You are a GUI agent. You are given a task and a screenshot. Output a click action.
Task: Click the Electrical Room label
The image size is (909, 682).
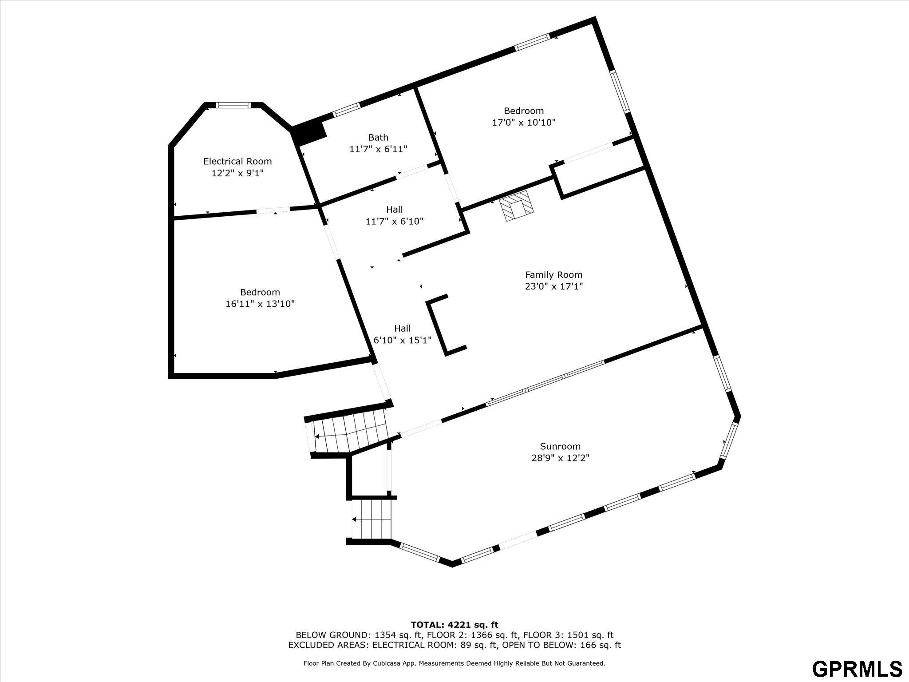237,162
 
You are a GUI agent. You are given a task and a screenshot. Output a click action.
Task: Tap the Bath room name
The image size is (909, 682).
378,138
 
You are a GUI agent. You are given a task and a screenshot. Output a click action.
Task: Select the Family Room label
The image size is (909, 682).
553,275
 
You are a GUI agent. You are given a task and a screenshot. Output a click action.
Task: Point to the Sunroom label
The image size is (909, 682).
560,446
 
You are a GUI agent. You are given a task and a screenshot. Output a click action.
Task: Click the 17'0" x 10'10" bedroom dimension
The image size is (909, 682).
524,123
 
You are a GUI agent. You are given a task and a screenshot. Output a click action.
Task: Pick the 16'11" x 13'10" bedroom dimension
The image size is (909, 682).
260,304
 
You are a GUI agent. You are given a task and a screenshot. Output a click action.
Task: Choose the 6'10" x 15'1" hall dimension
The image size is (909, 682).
403,341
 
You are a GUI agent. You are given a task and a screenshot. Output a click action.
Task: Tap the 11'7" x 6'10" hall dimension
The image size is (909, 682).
395,221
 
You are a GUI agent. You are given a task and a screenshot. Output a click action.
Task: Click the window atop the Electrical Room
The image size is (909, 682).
233,105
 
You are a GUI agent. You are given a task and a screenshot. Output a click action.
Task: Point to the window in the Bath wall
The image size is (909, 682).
346,110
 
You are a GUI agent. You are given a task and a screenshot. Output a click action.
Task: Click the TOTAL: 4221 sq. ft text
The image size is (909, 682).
454,625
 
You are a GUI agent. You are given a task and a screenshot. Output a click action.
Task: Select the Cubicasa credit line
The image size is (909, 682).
454,663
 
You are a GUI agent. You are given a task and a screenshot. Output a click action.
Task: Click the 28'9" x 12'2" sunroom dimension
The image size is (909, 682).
560,458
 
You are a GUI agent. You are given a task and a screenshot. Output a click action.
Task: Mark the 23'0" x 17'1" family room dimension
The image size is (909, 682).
553,286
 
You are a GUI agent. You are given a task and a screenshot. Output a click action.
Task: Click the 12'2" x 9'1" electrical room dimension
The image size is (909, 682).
237,173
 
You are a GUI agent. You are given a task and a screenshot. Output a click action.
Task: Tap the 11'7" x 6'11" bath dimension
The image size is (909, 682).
378,149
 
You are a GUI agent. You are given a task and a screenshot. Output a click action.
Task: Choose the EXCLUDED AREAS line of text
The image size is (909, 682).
454,645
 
